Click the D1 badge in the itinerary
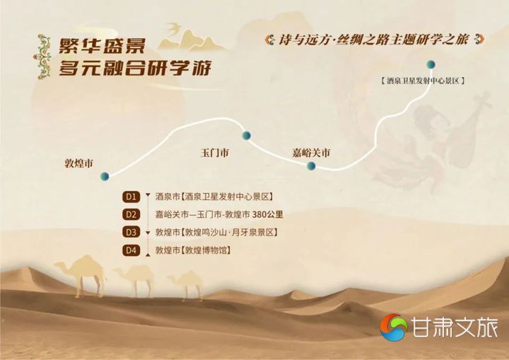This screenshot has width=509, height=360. (x=131, y=197)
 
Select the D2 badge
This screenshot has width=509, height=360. (x=131, y=214)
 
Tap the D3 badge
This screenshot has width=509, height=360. (x=131, y=232)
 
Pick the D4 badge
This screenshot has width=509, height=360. (x=131, y=250)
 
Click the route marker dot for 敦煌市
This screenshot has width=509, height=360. (x=105, y=176)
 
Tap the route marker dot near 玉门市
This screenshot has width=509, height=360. (x=247, y=135)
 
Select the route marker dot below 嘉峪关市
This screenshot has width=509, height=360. (x=311, y=166)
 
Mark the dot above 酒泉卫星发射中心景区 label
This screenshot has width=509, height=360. (x=431, y=64)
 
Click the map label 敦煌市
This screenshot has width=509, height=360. (x=79, y=163)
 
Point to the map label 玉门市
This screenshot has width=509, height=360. (x=215, y=152)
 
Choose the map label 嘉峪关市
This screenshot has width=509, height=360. (x=311, y=152)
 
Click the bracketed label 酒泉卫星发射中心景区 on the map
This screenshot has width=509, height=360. (x=423, y=81)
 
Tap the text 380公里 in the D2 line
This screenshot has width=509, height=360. (x=267, y=214)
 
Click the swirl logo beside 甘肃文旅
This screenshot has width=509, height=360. (x=394, y=327)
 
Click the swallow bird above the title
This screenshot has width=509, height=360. (x=173, y=28)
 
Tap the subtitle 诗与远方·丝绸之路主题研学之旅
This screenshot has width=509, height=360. (x=374, y=40)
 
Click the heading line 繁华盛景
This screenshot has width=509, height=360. (x=102, y=46)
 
